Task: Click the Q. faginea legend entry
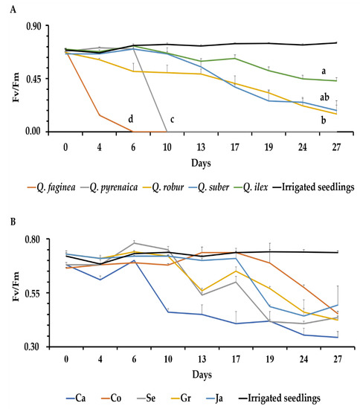click(x=51, y=187)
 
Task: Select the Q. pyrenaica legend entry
click(x=109, y=187)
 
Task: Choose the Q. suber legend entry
click(x=209, y=187)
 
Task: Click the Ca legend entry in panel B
click(x=76, y=398)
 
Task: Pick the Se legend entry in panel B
click(x=146, y=398)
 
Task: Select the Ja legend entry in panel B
click(x=214, y=398)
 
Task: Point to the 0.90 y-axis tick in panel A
click(x=33, y=26)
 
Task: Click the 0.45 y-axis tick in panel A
click(x=33, y=79)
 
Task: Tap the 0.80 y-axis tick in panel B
click(x=33, y=239)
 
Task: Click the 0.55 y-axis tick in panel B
click(x=33, y=293)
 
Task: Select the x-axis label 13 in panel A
click(x=201, y=147)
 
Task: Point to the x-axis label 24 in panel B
click(x=303, y=359)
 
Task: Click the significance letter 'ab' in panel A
click(x=324, y=97)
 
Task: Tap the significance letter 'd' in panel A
click(x=131, y=119)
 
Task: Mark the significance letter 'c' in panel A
click(x=172, y=120)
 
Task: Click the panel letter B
click(x=13, y=222)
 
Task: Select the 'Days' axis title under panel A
click(x=201, y=163)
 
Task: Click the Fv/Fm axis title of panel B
click(x=16, y=286)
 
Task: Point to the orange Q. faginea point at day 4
click(x=100, y=115)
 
